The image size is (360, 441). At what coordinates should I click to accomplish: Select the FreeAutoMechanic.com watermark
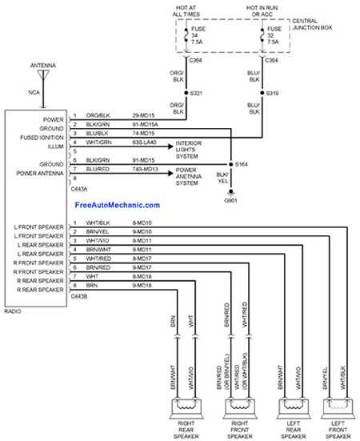(x=117, y=205)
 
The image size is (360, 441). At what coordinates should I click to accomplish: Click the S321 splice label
(x=194, y=94)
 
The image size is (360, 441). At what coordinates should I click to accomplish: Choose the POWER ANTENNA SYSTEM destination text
(x=194, y=176)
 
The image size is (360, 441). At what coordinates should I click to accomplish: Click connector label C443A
(x=80, y=189)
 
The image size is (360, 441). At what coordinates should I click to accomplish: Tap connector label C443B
(x=80, y=296)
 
